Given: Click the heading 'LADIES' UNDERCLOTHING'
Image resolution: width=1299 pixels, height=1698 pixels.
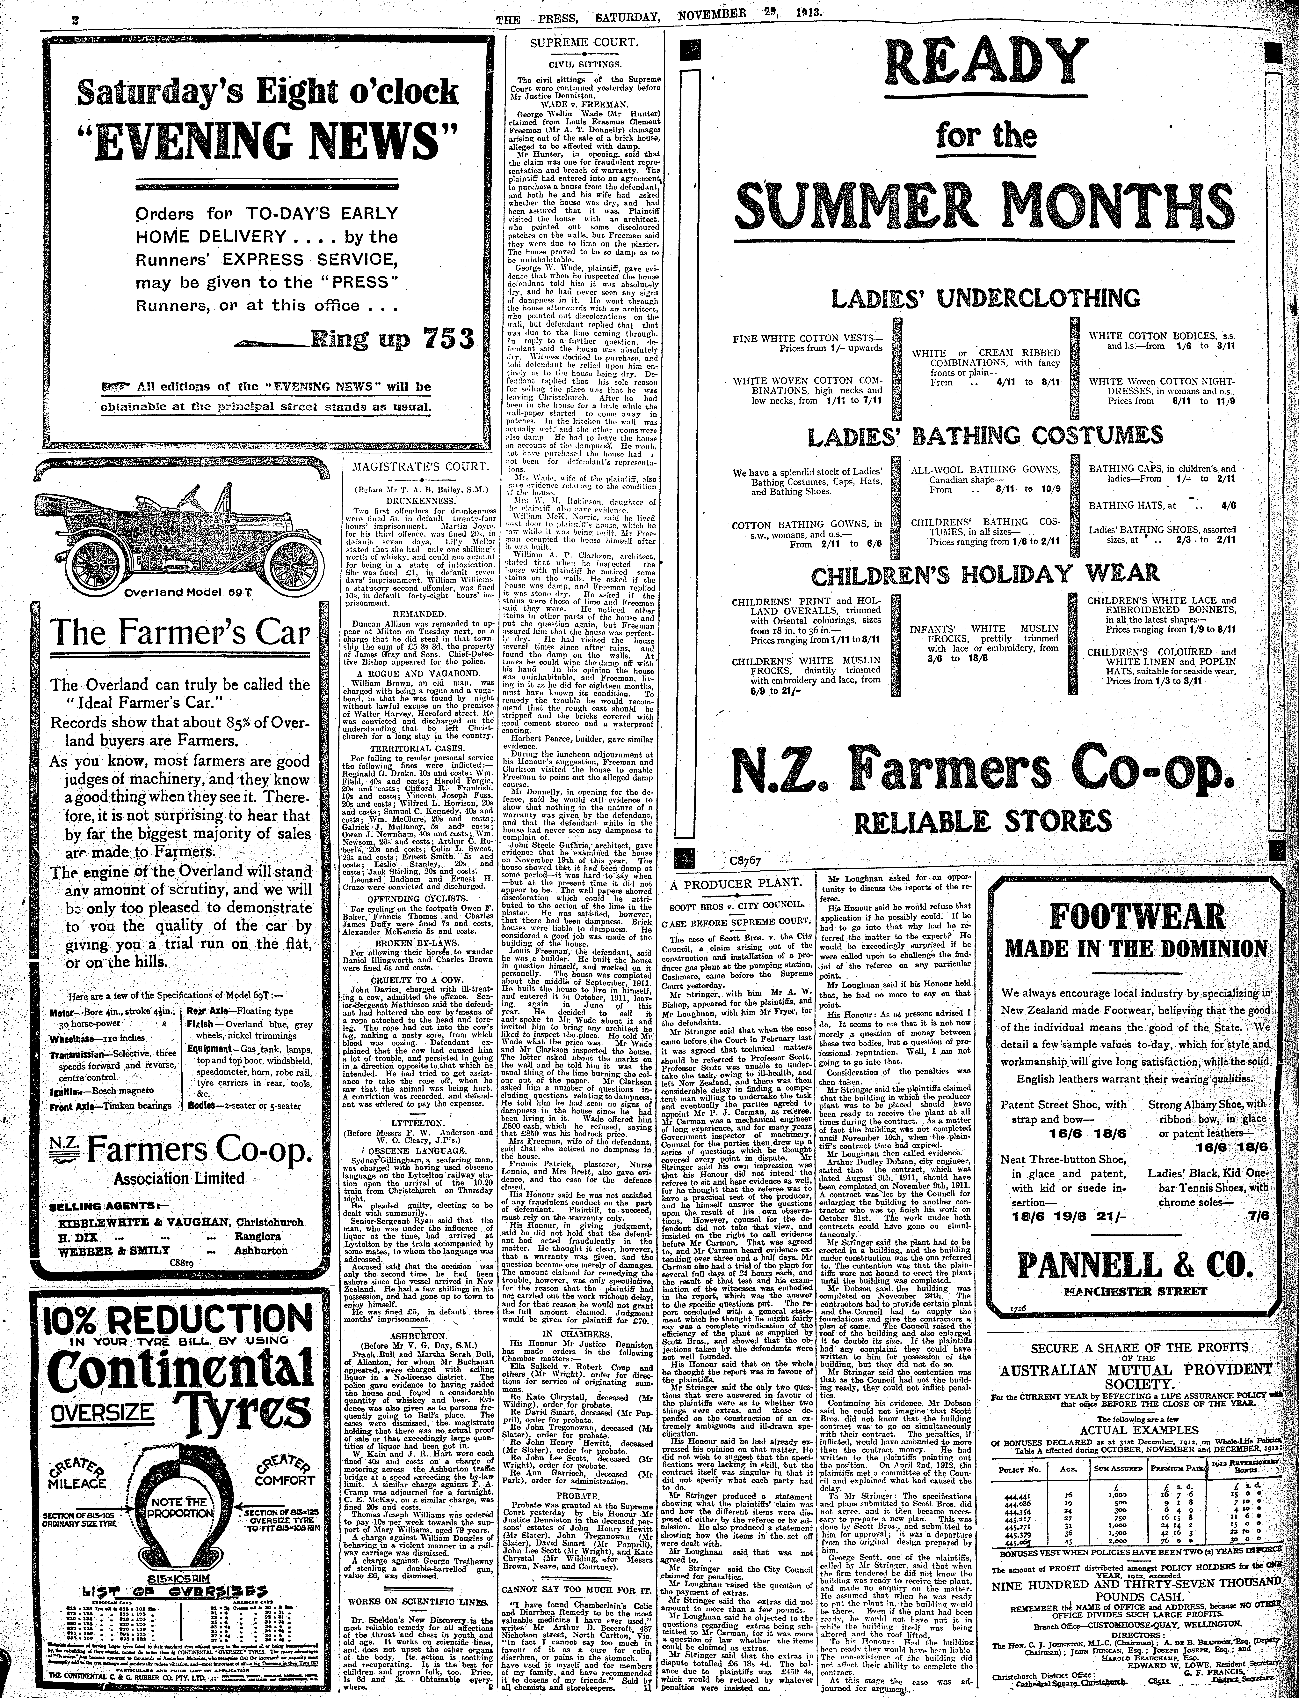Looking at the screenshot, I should click(x=985, y=298).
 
